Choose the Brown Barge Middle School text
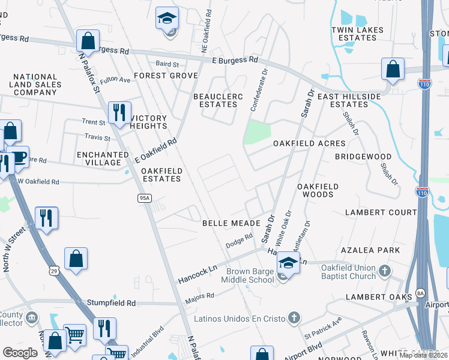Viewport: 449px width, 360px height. click(247, 275)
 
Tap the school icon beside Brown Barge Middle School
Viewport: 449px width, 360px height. click(288, 263)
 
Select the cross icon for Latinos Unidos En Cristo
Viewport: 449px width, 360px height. click(294, 317)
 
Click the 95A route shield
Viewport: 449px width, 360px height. click(143, 197)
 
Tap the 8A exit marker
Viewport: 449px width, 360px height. click(421, 293)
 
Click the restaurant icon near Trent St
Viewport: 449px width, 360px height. click(119, 112)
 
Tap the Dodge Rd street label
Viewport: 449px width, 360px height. click(237, 244)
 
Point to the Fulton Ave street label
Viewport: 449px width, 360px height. click(115, 80)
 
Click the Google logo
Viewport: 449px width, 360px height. click(20, 353)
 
